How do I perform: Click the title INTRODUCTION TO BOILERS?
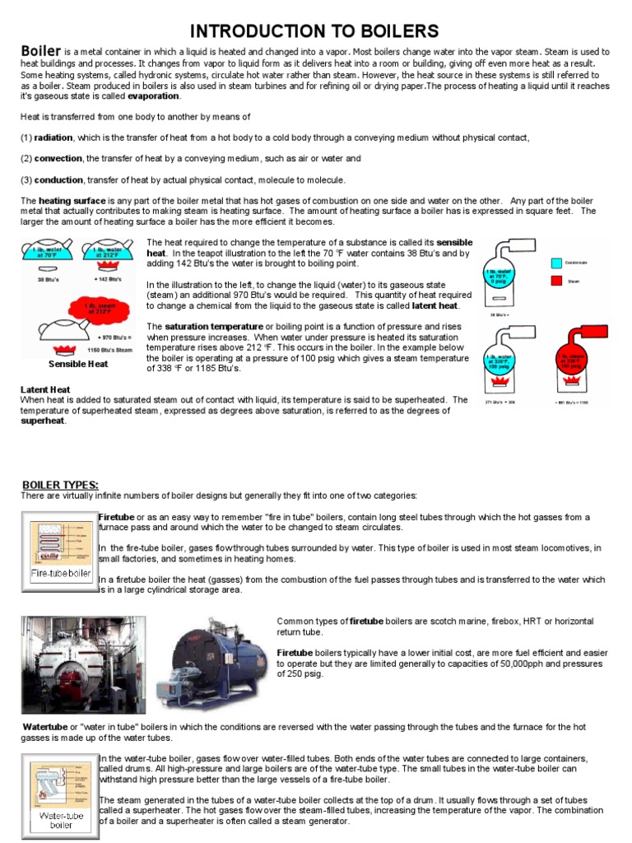click(x=315, y=32)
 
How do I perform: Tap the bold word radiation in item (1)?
click(x=53, y=137)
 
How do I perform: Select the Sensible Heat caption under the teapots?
click(x=78, y=364)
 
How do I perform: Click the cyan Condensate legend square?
click(x=557, y=263)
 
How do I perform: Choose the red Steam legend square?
click(x=557, y=280)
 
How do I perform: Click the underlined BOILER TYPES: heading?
click(x=60, y=484)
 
